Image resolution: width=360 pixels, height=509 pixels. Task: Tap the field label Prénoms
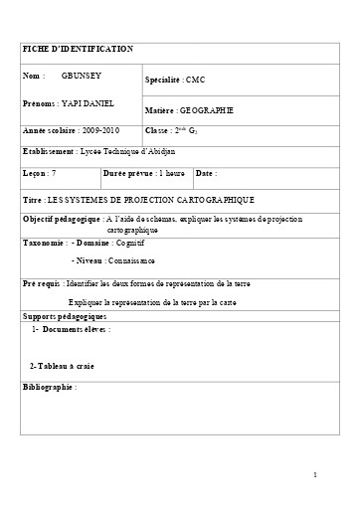tap(41, 103)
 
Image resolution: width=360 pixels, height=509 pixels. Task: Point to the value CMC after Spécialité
tap(197, 78)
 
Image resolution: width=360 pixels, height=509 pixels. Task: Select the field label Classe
tap(158, 130)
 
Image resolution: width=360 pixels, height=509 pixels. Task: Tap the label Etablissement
tap(49, 152)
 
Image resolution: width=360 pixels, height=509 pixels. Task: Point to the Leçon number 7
tap(67, 173)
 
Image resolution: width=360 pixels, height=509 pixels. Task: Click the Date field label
tap(206, 173)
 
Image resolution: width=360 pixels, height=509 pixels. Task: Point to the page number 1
tap(315, 475)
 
